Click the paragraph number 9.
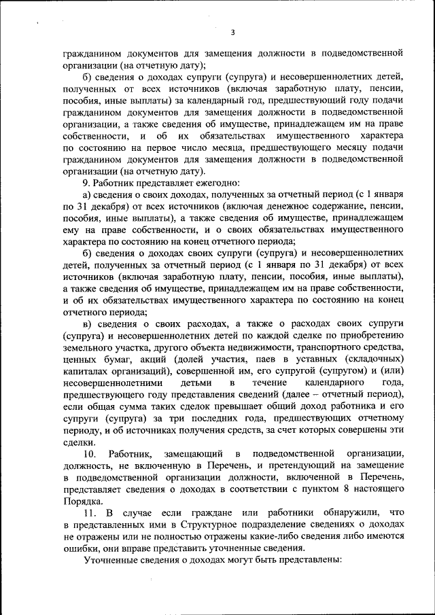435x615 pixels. pos(87,181)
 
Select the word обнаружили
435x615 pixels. pos(343,510)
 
